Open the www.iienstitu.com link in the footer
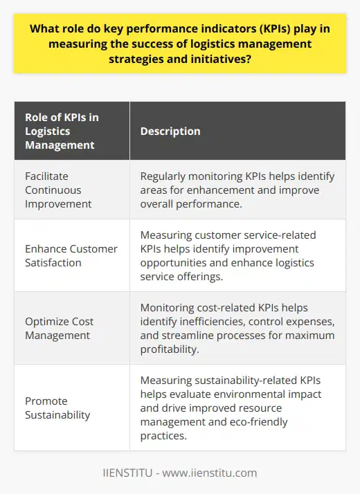(211, 473)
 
